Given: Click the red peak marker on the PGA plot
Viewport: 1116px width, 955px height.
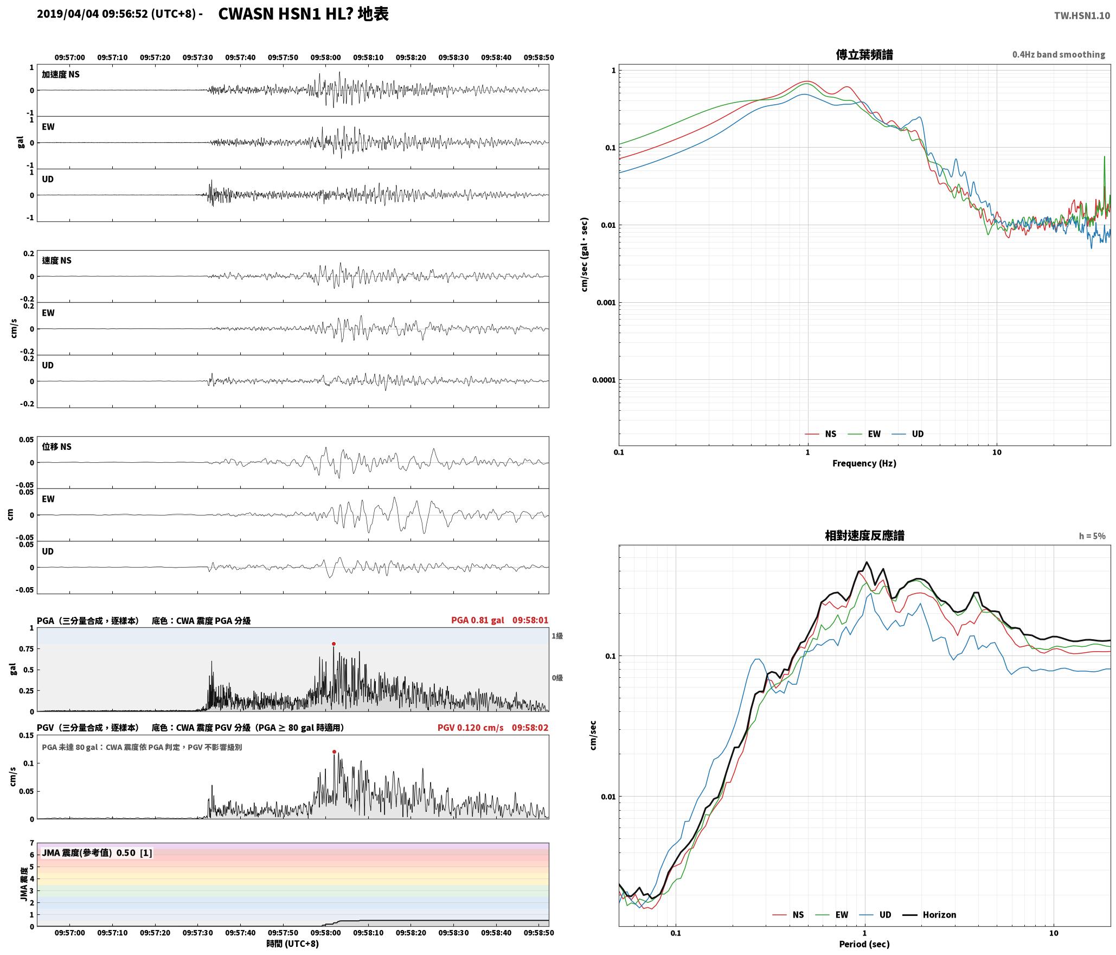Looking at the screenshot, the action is coord(333,644).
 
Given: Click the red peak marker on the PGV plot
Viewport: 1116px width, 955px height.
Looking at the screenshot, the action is coord(334,752).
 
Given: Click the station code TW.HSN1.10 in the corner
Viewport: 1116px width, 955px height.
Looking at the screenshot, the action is coord(1082,16).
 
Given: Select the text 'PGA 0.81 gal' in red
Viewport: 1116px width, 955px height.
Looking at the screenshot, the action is coord(478,620).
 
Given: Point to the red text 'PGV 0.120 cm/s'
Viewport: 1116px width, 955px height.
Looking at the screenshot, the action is coord(471,728).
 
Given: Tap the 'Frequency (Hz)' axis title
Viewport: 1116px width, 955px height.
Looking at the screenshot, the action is coord(864,463).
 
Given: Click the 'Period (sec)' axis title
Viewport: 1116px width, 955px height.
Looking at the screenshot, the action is coord(864,944).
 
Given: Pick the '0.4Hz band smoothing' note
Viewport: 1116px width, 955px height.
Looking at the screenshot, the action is coord(1059,55).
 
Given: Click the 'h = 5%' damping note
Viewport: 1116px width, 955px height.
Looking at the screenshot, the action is coord(1092,536).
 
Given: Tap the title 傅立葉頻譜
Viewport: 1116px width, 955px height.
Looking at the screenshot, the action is coord(864,54).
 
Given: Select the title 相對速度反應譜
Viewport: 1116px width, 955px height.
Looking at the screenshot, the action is coord(864,536).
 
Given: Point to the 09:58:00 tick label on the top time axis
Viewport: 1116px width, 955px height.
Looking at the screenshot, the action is coord(325,58).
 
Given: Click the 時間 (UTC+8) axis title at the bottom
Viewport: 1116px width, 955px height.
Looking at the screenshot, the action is coord(293,944).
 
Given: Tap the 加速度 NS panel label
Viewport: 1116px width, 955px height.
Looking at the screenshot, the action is coord(61,74).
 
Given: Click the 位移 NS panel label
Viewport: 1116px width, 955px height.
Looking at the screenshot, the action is coord(56,447).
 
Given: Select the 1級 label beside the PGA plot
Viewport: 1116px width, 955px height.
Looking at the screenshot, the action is coord(557,636).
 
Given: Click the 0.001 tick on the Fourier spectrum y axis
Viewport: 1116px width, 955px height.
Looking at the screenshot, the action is coord(606,303).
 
